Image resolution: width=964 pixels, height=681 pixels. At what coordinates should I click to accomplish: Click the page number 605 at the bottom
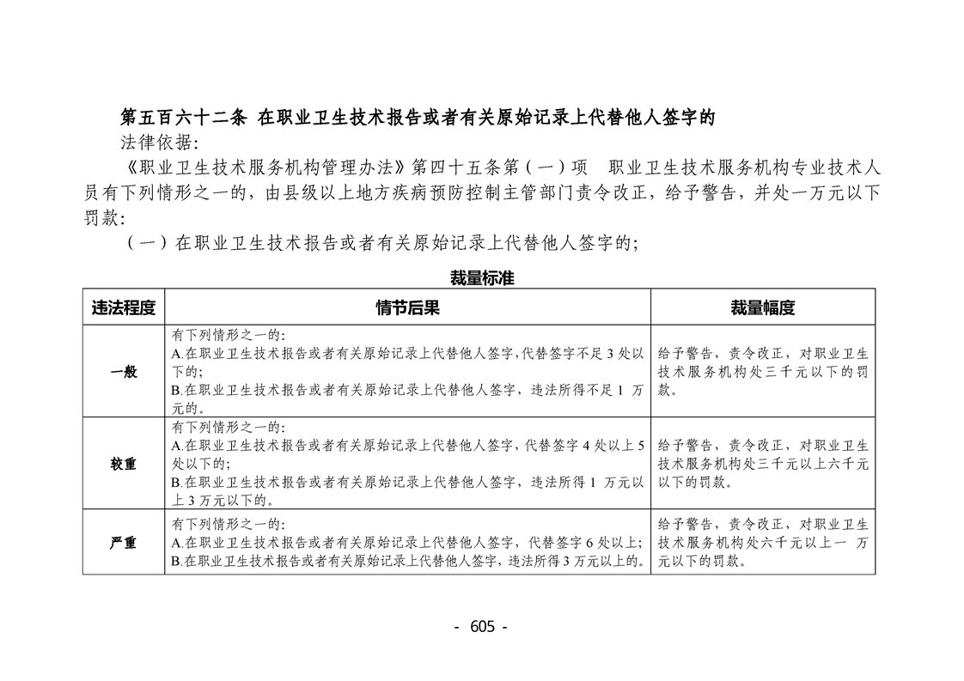coord(482,627)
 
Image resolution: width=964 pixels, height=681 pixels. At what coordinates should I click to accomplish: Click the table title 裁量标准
coord(482,278)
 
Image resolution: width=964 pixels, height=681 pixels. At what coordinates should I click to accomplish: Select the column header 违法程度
coord(124,307)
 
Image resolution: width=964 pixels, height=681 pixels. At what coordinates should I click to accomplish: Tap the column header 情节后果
coord(407,307)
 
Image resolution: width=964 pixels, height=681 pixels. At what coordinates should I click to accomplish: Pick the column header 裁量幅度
coord(762,307)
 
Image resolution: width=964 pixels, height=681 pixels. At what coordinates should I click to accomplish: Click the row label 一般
coord(124,372)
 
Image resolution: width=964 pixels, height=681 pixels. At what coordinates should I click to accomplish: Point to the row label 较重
coord(124,464)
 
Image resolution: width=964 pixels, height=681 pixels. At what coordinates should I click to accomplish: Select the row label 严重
coord(124,543)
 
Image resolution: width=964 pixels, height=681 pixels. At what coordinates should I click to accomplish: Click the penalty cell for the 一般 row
coord(762,372)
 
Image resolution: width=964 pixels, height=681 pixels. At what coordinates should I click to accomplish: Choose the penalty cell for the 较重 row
coord(762,464)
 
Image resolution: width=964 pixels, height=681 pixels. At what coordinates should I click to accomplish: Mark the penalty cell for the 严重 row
coord(762,543)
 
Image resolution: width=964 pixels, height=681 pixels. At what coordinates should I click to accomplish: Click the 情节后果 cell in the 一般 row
coord(407,372)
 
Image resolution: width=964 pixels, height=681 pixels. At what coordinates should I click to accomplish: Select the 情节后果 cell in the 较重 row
coord(407,464)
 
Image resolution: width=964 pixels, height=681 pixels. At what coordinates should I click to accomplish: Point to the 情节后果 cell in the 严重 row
coord(407,543)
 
